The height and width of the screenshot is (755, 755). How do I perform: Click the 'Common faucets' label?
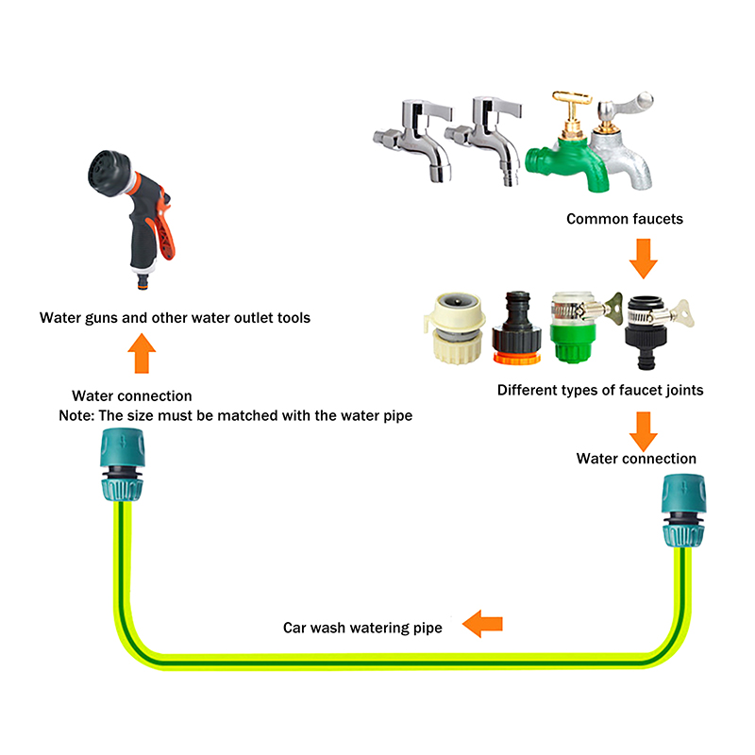(625, 219)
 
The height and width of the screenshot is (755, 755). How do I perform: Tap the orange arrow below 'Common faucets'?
(643, 258)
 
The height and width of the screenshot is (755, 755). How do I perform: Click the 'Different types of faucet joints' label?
(600, 390)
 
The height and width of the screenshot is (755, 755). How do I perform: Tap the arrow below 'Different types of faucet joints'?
(643, 429)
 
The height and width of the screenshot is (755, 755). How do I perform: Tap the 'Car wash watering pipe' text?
(363, 627)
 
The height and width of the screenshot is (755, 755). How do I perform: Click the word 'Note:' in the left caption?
(78, 415)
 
